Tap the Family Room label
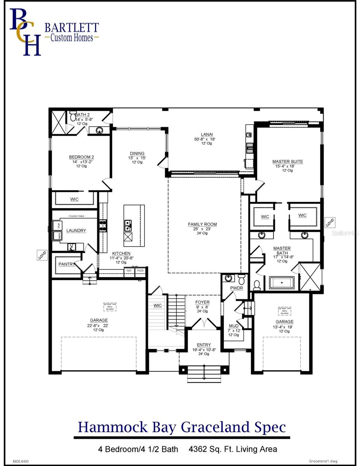coord(202,224)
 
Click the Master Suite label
coord(287,162)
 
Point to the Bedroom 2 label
coord(82,157)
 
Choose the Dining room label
coord(137,153)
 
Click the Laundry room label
coord(76,231)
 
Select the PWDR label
coord(236,288)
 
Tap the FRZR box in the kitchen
coord(140,271)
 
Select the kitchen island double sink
coord(128,224)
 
